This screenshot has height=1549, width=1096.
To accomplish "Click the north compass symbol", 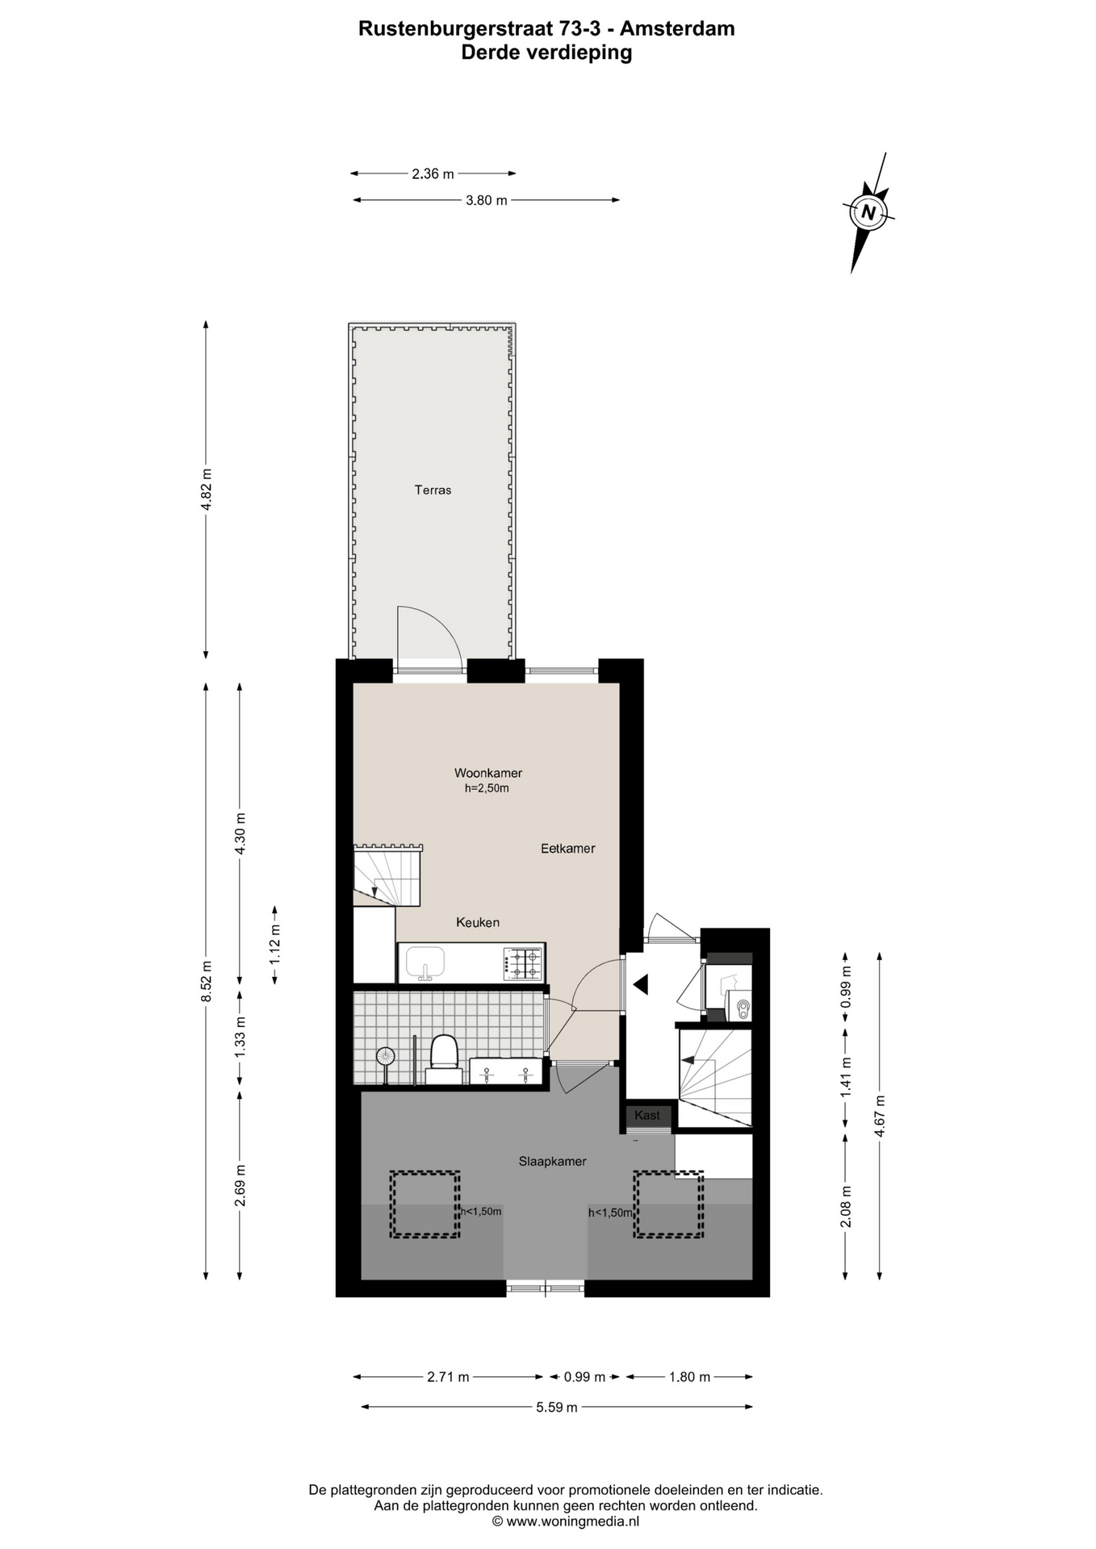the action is (x=868, y=212).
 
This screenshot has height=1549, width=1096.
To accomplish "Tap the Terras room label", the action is (x=433, y=490).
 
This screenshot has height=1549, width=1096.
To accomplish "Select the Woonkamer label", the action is (x=487, y=773).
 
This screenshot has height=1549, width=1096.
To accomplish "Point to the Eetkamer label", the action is (x=567, y=849).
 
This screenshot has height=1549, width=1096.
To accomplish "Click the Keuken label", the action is (x=478, y=922).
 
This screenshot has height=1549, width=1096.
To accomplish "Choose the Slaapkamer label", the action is (x=552, y=1162).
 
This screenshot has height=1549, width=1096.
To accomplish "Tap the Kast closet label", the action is (x=647, y=1115).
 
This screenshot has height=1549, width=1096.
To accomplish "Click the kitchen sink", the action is (x=425, y=963).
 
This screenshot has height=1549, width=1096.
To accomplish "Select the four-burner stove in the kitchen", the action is (x=523, y=963).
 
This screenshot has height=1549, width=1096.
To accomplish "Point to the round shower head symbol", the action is (x=386, y=1055).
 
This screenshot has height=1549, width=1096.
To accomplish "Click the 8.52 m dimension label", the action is (x=206, y=981).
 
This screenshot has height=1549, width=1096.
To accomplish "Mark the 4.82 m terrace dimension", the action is (x=206, y=490).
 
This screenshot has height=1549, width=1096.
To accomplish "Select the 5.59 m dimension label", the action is (x=557, y=1407).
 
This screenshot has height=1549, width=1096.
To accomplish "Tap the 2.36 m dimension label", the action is (x=433, y=173).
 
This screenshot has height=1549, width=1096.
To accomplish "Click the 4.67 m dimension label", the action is (x=880, y=1116).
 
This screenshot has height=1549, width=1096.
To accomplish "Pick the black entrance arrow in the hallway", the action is (x=641, y=984).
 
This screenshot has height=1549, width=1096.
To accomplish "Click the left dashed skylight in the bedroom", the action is (x=425, y=1205).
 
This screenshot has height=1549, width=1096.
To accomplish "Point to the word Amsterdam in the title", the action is (x=677, y=29).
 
